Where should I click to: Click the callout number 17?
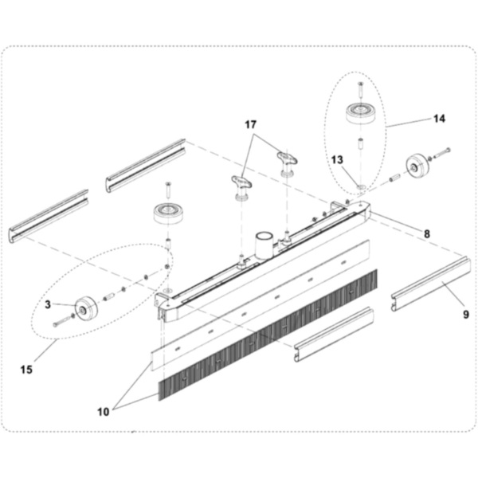pyautogui.click(x=251, y=124)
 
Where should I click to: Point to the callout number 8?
pyautogui.click(x=426, y=234)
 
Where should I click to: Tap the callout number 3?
pyautogui.click(x=48, y=304)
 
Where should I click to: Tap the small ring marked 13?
pyautogui.click(x=362, y=188)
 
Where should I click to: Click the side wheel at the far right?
pyautogui.click(x=415, y=167)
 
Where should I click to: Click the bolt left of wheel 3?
pyautogui.click(x=61, y=322)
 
